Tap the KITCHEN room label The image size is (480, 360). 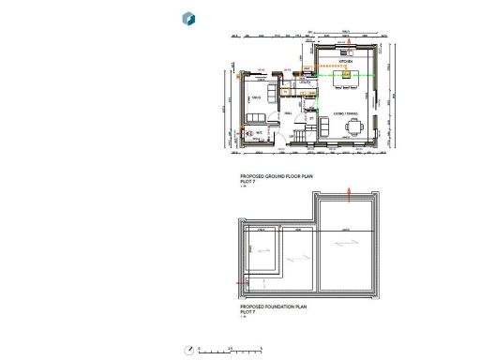(345, 60)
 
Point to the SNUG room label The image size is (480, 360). (255, 97)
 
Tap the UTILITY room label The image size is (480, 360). (305, 82)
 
